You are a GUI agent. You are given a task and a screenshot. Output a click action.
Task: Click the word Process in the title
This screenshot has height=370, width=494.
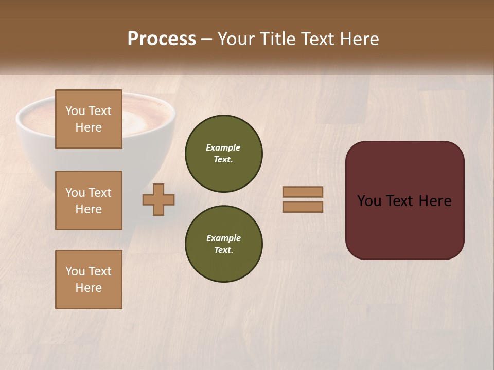coord(162,39)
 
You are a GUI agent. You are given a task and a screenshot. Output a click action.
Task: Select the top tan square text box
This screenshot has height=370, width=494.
coord(89,119)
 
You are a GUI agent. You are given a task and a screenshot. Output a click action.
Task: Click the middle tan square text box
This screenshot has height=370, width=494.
coord(89,200)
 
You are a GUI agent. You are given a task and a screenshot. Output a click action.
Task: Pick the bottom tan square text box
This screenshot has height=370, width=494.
coord(89,280)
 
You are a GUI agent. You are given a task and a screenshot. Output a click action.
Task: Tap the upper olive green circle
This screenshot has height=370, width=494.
coord(223,154)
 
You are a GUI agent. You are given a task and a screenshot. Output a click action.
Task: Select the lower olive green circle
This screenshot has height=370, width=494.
coord(223,244)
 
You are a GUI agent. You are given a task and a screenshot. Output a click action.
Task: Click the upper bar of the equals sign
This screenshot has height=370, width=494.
coord(303,192)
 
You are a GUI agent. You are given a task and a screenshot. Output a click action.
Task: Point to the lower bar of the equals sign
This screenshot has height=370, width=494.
coord(303,207)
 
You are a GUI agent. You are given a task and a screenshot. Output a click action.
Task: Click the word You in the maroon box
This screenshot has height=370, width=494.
coord(369,201)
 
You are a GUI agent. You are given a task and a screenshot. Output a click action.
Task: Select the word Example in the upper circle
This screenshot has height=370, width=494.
coord(223,147)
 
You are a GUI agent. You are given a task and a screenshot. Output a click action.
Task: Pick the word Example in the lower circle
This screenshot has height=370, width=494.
coord(223,238)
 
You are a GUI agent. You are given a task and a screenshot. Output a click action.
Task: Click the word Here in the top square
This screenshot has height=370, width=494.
coord(89,127)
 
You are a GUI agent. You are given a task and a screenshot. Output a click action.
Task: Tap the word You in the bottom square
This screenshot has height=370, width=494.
coord(75,271)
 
